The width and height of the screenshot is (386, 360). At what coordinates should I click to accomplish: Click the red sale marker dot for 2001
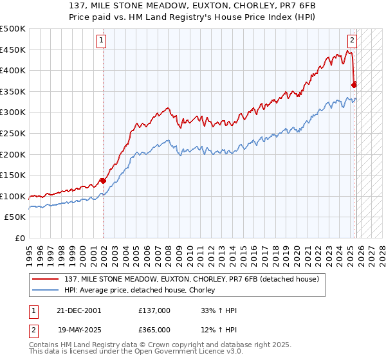103,181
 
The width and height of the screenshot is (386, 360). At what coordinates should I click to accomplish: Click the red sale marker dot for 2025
354,85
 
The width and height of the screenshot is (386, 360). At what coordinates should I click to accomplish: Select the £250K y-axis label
13,133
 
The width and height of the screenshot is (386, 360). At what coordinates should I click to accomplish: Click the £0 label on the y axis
20,238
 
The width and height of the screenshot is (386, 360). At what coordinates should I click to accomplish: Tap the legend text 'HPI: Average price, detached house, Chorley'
139,290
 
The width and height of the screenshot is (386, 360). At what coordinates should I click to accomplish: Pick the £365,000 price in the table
154,330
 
